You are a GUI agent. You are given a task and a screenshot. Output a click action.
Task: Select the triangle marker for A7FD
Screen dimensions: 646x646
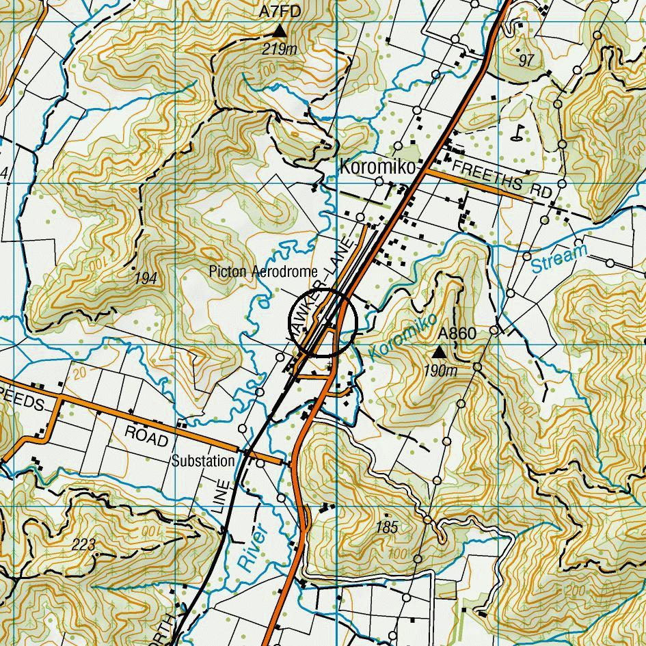(280, 31)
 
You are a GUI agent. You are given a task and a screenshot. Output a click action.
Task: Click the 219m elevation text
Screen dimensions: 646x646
(280, 49)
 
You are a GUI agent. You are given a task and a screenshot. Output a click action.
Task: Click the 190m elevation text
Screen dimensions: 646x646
(440, 371)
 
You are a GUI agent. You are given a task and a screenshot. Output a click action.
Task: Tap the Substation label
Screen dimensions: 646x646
(203, 461)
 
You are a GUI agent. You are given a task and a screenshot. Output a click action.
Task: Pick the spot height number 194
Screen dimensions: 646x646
(146, 278)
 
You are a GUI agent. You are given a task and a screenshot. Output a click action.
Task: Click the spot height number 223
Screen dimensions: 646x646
(83, 544)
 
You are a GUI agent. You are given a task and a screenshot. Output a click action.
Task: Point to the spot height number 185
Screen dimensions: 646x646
(387, 527)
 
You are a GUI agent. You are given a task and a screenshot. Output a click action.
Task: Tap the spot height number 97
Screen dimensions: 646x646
(526, 60)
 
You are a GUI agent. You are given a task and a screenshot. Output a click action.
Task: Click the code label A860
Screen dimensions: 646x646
(457, 334)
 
